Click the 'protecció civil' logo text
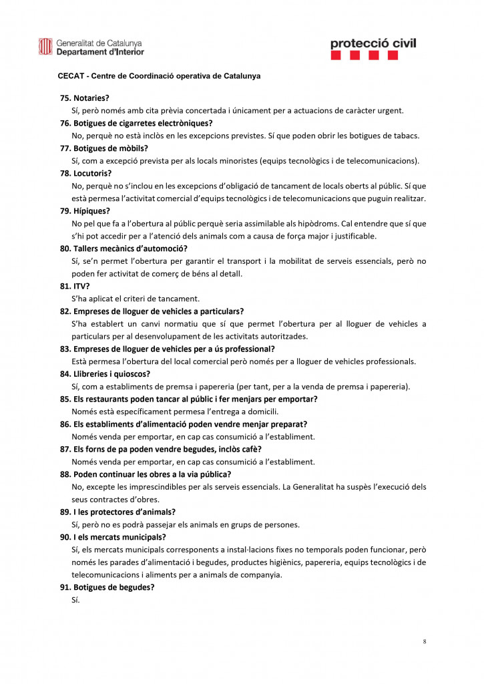(x=373, y=43)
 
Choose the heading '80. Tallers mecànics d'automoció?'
(x=126, y=248)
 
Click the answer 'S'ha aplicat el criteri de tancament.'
(x=135, y=299)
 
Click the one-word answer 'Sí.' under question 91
(x=75, y=600)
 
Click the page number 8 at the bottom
(x=425, y=642)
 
